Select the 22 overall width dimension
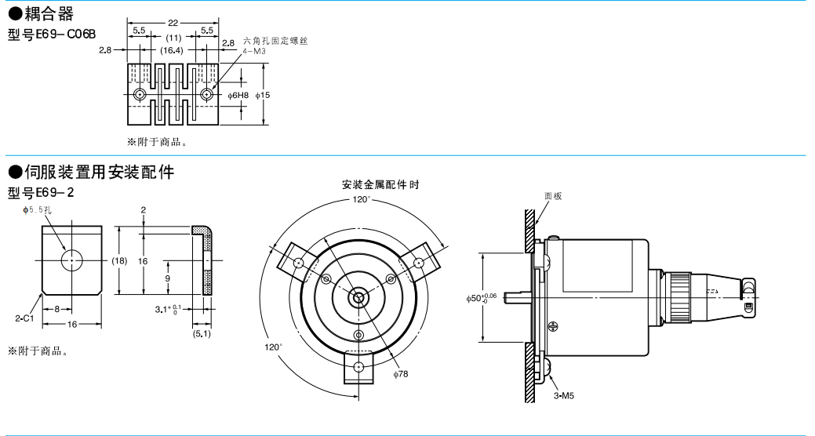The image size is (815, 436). pos(173,22)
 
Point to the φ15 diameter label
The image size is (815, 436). pos(263,95)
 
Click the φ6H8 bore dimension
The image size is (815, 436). pos(238,95)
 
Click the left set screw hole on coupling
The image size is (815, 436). pos(140,95)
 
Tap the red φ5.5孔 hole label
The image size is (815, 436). pos(37,210)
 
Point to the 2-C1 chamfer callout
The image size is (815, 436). pos(23,318)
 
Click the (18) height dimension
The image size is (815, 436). pos(118,260)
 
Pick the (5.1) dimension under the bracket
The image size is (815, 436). pos(201,334)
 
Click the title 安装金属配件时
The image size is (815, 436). pos(380,185)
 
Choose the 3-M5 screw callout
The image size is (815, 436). pos(563,397)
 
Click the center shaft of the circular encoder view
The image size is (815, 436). pos(359,297)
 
